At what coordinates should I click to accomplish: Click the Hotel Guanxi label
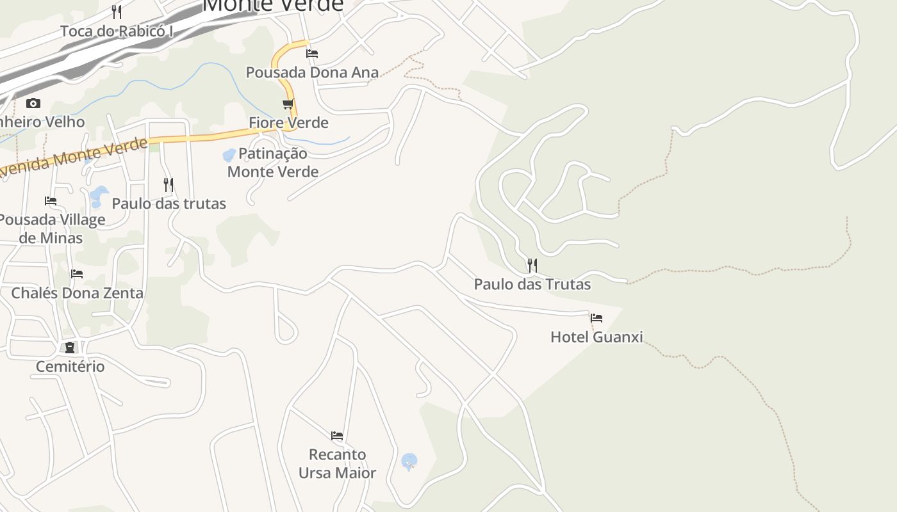coord(597,337)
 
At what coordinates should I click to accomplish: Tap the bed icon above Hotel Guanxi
coord(597,317)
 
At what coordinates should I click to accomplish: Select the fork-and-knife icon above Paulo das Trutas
coord(532,265)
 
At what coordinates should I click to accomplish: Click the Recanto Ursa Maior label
coord(337,463)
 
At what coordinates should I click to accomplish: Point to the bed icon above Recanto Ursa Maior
coord(337,436)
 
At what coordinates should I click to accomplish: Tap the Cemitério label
coord(70,367)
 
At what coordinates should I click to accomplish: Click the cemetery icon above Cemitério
coord(70,348)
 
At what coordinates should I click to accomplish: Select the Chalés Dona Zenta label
coord(77,293)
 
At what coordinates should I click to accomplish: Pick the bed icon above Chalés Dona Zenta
coord(77,274)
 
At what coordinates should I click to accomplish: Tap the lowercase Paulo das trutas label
coord(169,204)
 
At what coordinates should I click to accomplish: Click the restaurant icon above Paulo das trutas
coord(169,185)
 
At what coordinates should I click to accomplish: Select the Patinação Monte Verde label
coord(273,163)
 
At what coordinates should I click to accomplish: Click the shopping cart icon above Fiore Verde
coord(288,104)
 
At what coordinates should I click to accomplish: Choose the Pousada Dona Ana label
coord(312,72)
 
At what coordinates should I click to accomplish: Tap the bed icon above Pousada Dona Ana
coord(312,54)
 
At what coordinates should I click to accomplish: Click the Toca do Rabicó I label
coord(117,31)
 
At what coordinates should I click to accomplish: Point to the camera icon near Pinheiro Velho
coord(33,103)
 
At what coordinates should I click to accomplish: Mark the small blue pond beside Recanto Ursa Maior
coord(409,461)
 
